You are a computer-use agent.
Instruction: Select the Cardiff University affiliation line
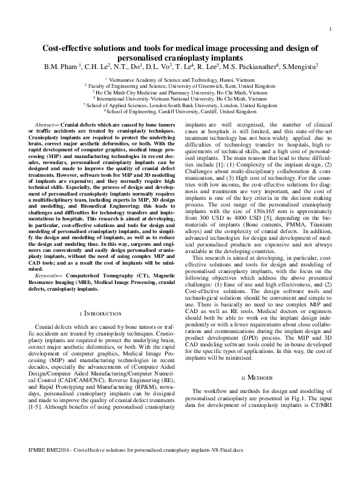(x=180, y=112)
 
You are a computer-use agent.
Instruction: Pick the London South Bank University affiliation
(x=180, y=105)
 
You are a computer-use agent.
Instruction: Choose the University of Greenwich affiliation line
(x=180, y=86)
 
